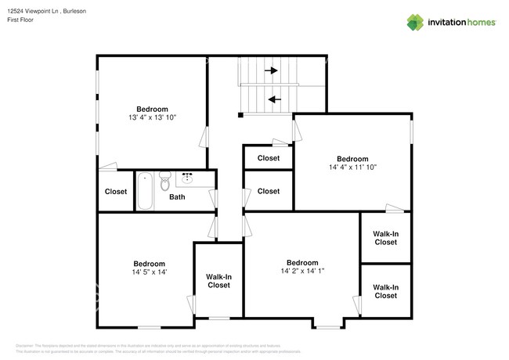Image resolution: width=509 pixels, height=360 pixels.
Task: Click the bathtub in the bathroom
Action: (x=146, y=191)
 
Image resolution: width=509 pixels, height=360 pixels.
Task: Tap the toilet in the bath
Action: (x=164, y=182)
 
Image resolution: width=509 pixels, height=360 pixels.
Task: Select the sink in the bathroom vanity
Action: (x=188, y=178)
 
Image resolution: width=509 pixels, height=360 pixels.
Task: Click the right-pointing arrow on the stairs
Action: (x=271, y=70)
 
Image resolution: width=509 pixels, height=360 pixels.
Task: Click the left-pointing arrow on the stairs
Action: (x=273, y=99)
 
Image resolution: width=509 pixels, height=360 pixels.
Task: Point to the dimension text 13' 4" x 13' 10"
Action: (x=152, y=117)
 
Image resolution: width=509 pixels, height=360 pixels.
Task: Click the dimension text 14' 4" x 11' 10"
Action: (x=352, y=167)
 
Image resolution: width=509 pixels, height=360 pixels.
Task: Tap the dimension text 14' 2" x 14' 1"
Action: (x=301, y=271)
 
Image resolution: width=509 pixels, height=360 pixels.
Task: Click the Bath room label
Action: (x=177, y=197)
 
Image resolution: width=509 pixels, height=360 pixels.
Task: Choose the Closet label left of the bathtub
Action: (x=116, y=191)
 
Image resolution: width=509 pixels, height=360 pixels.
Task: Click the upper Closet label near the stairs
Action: (x=268, y=157)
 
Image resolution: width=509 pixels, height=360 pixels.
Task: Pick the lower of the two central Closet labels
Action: (x=268, y=191)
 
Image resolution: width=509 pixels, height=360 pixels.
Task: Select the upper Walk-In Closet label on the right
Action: (x=385, y=237)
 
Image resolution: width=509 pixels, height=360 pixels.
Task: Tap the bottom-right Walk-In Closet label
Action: (x=385, y=291)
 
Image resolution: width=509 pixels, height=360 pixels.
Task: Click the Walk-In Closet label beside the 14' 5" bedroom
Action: (x=218, y=281)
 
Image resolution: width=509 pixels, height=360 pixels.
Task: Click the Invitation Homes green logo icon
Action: (x=416, y=22)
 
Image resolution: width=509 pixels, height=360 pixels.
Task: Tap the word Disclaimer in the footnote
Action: (x=25, y=344)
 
